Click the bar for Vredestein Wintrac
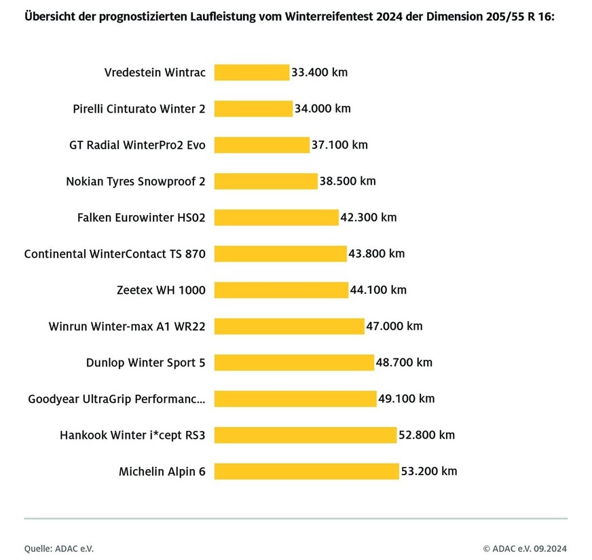[252, 72]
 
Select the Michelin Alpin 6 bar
[307, 471]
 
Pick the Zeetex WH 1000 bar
[281, 290]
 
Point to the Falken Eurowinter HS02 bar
[276, 217]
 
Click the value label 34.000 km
[322, 109]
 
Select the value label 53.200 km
[428, 471]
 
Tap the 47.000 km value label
[394, 326]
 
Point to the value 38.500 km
[347, 181]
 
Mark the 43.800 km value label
[376, 254]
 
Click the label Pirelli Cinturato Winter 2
[139, 109]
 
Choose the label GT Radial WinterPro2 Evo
[137, 145]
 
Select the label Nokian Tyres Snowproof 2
[136, 181]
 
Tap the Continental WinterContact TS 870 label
[115, 254]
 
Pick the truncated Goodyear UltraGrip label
[116, 399]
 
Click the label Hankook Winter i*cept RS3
[132, 435]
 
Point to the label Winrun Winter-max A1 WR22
[127, 326]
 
